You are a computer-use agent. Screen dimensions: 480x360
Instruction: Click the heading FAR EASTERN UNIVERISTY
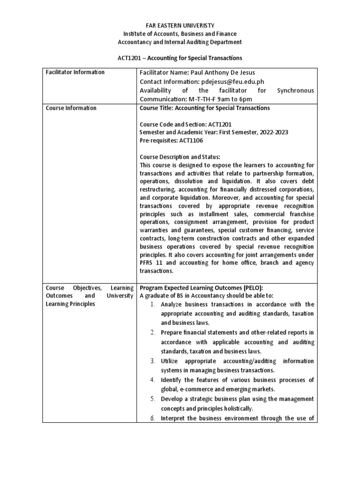pyautogui.click(x=180, y=25)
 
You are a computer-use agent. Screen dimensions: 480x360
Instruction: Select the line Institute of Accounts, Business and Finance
pyautogui.click(x=180, y=34)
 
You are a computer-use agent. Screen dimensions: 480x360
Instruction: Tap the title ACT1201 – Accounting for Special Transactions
pyautogui.click(x=180, y=58)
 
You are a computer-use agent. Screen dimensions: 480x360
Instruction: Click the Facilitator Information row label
pyautogui.click(x=75, y=72)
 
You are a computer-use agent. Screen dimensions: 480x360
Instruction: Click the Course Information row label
pyautogui.click(x=70, y=108)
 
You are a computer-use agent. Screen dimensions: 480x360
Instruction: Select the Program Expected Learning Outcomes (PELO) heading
pyautogui.click(x=203, y=287)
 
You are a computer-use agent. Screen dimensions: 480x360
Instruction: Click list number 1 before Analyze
pyautogui.click(x=153, y=305)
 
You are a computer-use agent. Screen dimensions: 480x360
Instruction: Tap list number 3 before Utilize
pyautogui.click(x=153, y=361)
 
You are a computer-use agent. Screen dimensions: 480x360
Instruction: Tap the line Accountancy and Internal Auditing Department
pyautogui.click(x=180, y=42)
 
